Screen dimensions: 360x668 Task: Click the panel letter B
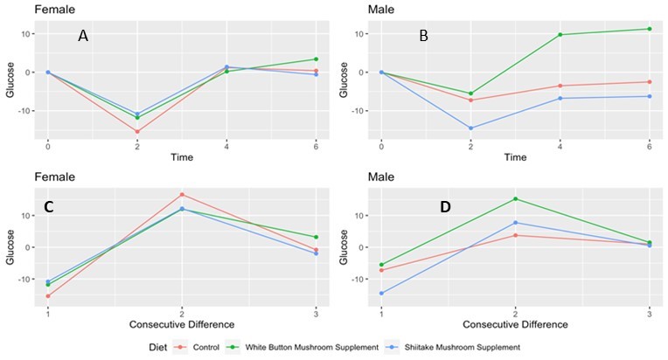(x=423, y=37)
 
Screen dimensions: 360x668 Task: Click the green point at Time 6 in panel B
(x=649, y=29)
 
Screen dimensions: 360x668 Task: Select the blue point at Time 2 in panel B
(x=471, y=128)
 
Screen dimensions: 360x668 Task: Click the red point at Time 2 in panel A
(x=137, y=132)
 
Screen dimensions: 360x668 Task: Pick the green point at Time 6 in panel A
(x=316, y=59)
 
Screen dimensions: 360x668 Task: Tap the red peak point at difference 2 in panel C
(x=182, y=194)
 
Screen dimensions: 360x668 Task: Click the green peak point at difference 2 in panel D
(x=515, y=198)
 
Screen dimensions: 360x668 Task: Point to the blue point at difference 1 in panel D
(x=381, y=294)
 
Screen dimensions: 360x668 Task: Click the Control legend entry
(x=200, y=348)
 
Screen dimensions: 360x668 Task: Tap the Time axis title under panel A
(x=182, y=157)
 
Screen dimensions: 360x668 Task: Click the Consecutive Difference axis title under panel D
(x=515, y=324)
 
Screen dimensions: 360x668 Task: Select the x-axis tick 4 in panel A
(x=226, y=145)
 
